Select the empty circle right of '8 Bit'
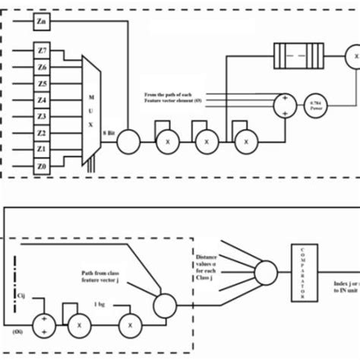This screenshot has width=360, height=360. (128, 141)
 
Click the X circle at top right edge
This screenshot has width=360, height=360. (352, 55)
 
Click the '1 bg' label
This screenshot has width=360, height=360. (98, 305)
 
